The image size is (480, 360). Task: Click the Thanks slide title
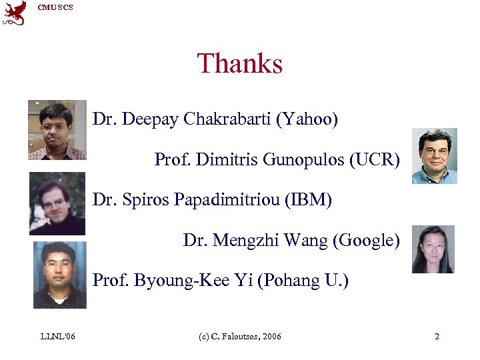239,64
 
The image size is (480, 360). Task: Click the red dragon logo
15,13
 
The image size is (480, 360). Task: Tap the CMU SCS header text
55,7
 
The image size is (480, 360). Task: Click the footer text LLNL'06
57,337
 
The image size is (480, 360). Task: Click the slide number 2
437,337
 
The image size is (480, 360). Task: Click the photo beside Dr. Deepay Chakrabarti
57,130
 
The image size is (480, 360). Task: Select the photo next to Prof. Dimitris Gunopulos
434,156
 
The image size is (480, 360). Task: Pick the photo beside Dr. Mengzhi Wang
433,249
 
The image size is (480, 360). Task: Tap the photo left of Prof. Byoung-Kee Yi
59,275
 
